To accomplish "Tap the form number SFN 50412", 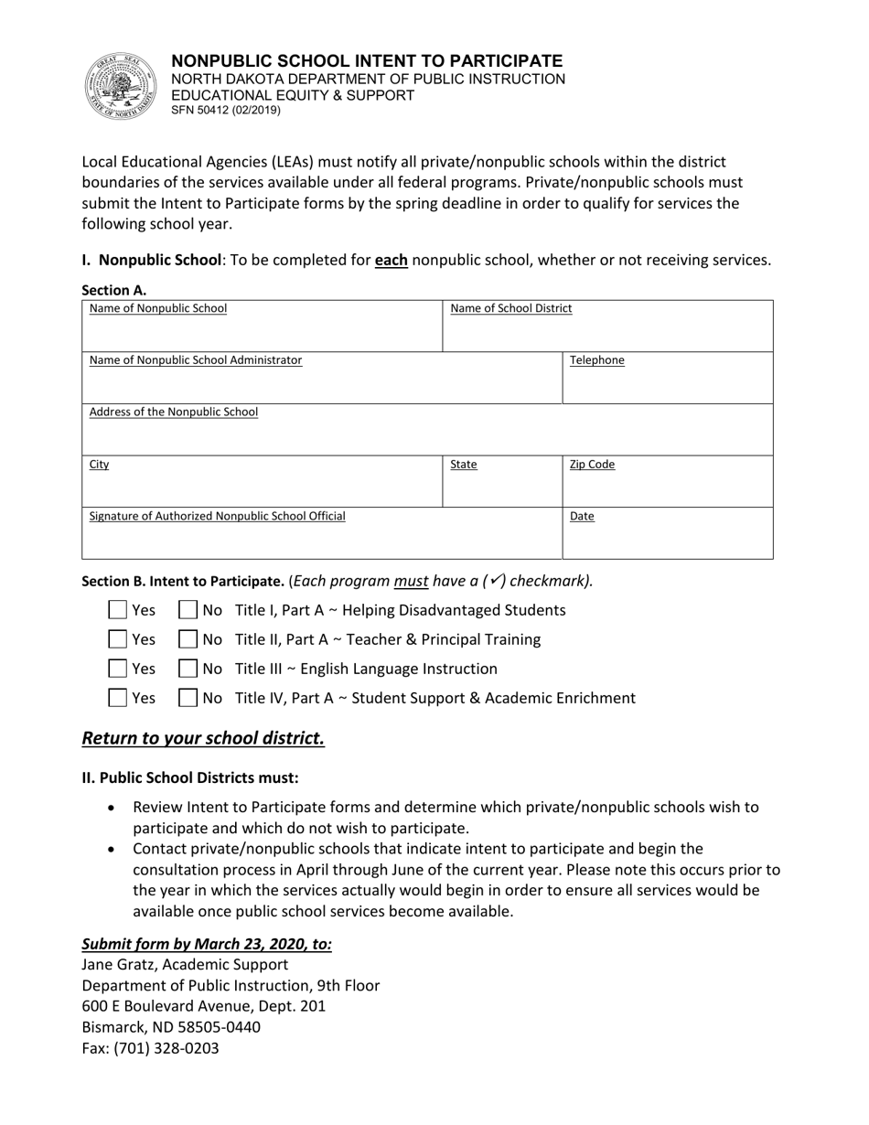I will [x=226, y=111].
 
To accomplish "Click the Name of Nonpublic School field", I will [x=263, y=327].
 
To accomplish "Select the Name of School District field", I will [x=607, y=327].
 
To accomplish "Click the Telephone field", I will [x=667, y=379].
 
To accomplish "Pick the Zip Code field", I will [x=667, y=482].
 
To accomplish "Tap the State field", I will [x=502, y=482].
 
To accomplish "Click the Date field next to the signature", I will [x=667, y=534].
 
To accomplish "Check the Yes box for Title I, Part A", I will [x=118, y=610].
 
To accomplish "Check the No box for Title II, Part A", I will [x=188, y=639].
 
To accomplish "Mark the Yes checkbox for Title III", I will [x=118, y=669].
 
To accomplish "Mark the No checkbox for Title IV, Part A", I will [x=188, y=698].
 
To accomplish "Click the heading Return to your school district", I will [x=203, y=738].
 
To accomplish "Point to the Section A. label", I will [x=114, y=291].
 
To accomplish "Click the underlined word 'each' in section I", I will [x=391, y=261].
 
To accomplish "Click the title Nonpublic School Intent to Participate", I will [x=367, y=61].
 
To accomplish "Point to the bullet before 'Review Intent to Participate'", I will [x=112, y=809].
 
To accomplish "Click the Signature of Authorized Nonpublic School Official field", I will [x=321, y=534].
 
